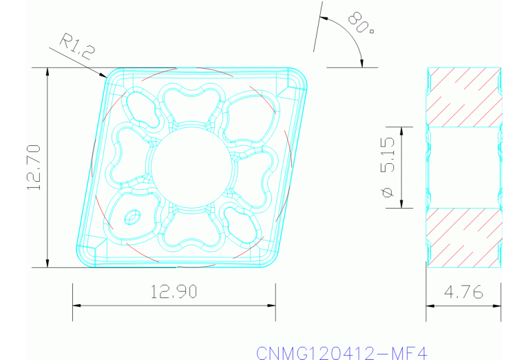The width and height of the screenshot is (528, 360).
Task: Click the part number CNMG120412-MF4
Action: (342, 352)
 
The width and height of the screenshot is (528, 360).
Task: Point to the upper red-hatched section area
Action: (463, 96)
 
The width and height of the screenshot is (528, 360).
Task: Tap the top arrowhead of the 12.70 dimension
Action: (47, 72)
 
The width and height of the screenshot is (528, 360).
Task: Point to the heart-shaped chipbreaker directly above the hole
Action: (186, 103)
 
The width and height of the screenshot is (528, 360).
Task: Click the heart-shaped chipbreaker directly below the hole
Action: (186, 231)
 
